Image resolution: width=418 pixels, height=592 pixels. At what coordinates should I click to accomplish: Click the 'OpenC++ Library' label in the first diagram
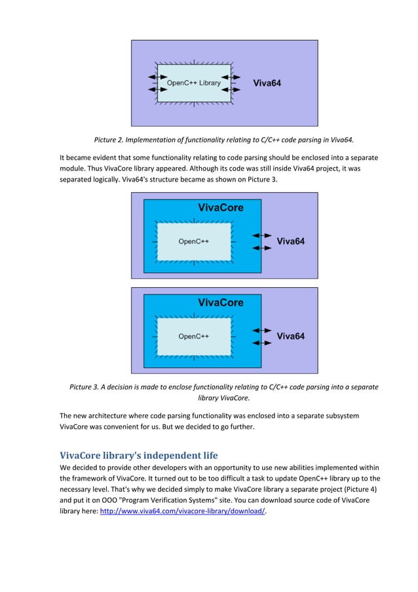coord(193,83)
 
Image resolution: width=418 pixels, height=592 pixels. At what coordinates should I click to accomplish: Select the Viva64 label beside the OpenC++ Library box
coord(267,83)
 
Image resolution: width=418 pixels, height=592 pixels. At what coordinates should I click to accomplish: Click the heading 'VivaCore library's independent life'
coord(139,455)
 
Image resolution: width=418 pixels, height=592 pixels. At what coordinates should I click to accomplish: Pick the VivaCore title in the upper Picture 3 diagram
coord(221,208)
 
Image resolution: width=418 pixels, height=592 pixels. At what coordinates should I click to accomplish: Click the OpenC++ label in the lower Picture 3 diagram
coord(193,336)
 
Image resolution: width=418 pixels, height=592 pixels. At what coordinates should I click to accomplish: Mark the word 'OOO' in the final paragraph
coord(105,500)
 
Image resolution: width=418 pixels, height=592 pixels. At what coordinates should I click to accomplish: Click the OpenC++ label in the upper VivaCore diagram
coord(193,241)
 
